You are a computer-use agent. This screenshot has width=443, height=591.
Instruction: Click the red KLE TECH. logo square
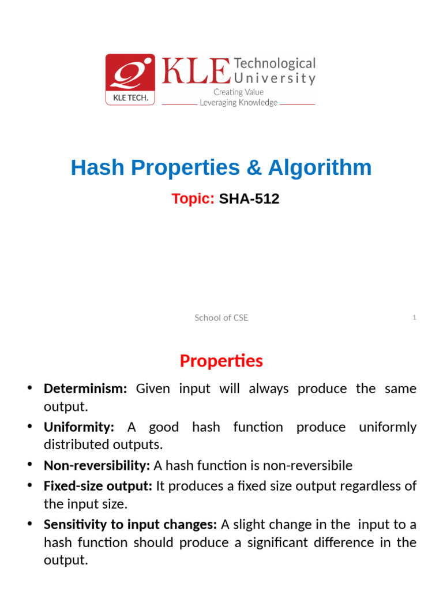130,80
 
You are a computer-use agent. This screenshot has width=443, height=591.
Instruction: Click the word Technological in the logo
275,63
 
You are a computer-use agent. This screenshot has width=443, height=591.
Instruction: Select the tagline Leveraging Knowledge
238,103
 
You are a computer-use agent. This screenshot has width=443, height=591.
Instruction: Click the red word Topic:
193,199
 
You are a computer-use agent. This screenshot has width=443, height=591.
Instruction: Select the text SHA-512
249,199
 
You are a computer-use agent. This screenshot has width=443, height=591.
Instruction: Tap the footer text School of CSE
221,318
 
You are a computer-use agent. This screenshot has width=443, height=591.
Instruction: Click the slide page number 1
414,318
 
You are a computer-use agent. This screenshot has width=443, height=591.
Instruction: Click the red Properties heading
221,361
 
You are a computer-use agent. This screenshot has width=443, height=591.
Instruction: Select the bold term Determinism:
85,388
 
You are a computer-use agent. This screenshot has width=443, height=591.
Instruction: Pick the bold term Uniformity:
79,427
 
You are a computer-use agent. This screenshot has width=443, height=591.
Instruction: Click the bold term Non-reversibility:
97,465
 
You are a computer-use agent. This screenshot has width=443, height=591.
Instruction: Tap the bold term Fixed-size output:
98,486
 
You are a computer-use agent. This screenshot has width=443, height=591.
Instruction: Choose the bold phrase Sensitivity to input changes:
130,525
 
